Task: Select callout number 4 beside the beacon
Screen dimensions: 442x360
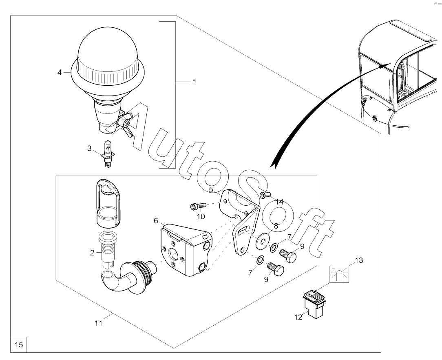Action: pyautogui.click(x=59, y=73)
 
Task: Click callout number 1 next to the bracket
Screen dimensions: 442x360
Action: pyautogui.click(x=194, y=82)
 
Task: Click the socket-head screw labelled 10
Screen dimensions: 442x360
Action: pyautogui.click(x=198, y=207)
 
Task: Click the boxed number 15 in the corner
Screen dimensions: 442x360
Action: pyautogui.click(x=19, y=344)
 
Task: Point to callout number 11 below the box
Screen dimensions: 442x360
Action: pyautogui.click(x=98, y=323)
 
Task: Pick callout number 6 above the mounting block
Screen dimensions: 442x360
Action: pyautogui.click(x=156, y=221)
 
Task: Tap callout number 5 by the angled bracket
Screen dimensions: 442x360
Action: pyautogui.click(x=211, y=190)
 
